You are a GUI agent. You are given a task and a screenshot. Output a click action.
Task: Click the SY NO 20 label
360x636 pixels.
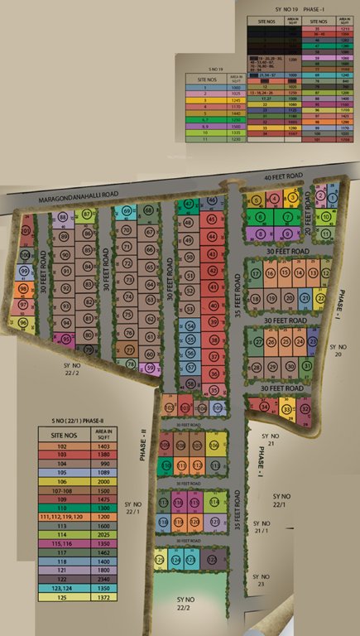(334, 349)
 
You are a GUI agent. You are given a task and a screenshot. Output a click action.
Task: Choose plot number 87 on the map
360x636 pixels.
(87, 214)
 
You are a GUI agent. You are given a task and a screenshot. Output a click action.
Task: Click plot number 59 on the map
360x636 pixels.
(150, 368)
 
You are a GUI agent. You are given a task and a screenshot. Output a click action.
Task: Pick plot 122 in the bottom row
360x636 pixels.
(213, 560)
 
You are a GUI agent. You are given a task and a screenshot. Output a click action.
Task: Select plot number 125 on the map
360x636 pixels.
(159, 561)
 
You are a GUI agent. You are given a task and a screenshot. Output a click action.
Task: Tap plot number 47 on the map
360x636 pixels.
(189, 204)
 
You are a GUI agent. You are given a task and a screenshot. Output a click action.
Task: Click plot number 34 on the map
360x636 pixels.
(265, 407)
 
